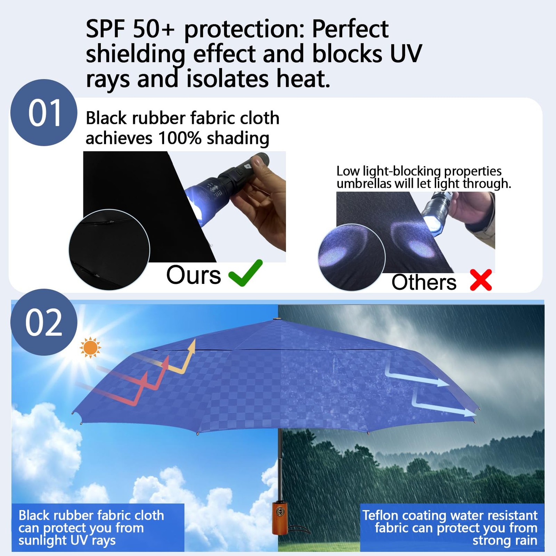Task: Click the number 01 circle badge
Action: point(44,113)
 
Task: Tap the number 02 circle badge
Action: point(44,322)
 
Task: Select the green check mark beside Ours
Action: point(245,273)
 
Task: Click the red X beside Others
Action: point(481,280)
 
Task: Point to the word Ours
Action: point(194,275)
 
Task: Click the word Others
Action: point(424,282)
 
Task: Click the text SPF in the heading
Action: point(105,29)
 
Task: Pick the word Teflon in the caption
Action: point(380,515)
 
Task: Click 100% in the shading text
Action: point(180,138)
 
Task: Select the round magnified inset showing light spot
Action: point(352,257)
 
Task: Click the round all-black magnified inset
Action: point(109,250)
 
